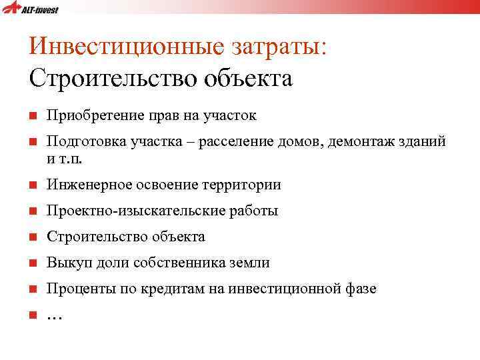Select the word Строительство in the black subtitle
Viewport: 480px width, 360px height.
[x=103, y=79]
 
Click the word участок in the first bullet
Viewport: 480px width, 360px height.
[x=231, y=116]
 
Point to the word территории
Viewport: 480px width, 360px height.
[x=248, y=185]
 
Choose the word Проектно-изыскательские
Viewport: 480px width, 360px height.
[x=127, y=211]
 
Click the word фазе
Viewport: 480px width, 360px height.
[x=361, y=289]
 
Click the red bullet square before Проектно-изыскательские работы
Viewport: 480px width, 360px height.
[x=33, y=212]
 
